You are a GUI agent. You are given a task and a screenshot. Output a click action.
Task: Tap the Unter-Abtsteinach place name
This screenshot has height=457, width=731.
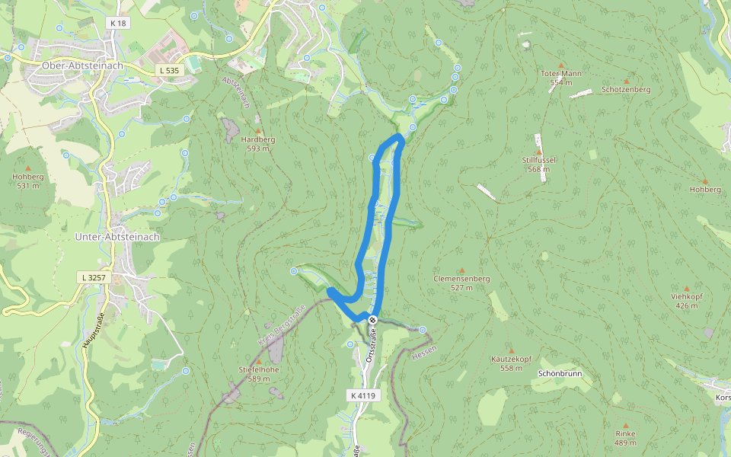[x=117, y=237]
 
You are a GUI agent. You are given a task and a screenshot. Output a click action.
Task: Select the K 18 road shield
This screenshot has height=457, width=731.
[x=117, y=24]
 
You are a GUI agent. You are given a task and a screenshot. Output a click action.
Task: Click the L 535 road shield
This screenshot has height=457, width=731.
[x=169, y=70]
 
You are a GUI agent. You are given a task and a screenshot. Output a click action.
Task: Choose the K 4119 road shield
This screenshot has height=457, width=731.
[x=363, y=395]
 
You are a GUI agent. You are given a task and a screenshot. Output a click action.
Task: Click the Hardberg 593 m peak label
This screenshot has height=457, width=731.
[x=258, y=144]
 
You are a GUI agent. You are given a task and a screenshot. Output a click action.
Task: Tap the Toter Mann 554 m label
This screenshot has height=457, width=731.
[x=561, y=77]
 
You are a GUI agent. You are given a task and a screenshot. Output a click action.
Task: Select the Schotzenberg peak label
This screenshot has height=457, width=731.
[x=626, y=89]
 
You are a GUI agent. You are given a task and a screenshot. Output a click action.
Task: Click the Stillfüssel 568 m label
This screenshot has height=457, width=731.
[x=538, y=165]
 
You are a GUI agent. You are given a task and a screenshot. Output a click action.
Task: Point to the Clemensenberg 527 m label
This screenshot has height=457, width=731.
[x=461, y=283]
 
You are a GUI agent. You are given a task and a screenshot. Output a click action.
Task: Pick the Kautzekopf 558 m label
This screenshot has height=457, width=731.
[x=510, y=363]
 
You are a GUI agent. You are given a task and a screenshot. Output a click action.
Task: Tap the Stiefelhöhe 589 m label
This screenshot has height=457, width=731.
[x=258, y=373]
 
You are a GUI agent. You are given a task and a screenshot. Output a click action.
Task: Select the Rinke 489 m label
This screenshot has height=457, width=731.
[x=625, y=437]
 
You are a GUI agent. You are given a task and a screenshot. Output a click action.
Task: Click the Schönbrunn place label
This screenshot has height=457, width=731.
[x=560, y=374]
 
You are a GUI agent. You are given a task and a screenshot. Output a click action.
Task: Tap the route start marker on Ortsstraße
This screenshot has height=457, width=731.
[x=373, y=320]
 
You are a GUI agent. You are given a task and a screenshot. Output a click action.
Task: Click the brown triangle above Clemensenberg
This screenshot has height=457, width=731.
[x=461, y=270]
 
